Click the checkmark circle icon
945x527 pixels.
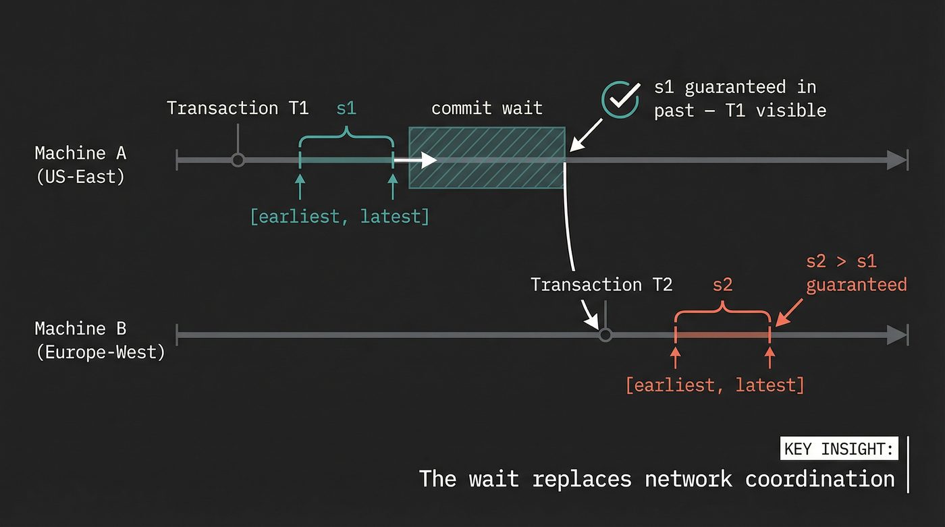[x=620, y=99]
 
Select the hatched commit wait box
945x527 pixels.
[x=487, y=157]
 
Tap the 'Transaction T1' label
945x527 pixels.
[x=237, y=108]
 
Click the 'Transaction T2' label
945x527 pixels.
[x=601, y=284]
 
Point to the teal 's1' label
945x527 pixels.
[x=346, y=108]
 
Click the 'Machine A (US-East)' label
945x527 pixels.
[x=80, y=165]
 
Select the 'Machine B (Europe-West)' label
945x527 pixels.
[x=99, y=340]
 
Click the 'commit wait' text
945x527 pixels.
[x=486, y=108]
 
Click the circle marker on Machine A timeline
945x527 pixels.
[x=237, y=160]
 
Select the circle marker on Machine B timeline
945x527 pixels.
[x=605, y=335]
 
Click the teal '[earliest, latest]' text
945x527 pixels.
[x=340, y=217]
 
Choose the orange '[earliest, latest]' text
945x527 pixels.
[x=715, y=385]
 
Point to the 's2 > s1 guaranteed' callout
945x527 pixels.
[x=856, y=273]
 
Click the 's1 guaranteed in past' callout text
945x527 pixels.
[x=739, y=99]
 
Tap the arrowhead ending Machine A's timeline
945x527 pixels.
[x=896, y=160]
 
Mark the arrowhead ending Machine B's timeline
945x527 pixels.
[x=896, y=335]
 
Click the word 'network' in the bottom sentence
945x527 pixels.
[x=688, y=478]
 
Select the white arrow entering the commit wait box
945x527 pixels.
[x=416, y=160]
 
